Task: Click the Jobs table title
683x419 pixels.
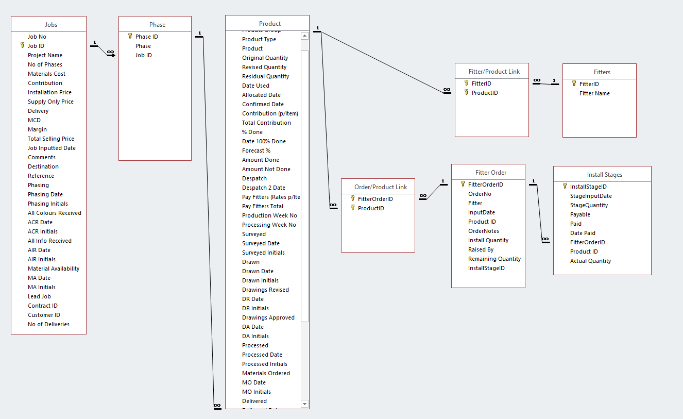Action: point(51,25)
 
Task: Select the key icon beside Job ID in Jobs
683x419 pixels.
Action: point(22,46)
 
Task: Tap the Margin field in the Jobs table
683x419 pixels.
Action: point(37,129)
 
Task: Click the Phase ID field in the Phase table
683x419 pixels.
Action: point(146,37)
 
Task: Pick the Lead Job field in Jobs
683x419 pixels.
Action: point(39,296)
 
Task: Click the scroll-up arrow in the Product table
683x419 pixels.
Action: point(304,36)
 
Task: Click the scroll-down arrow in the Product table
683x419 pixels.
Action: point(304,404)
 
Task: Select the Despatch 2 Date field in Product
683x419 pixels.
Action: point(263,188)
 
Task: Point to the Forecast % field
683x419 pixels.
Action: point(256,150)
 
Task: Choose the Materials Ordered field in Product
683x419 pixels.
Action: point(266,373)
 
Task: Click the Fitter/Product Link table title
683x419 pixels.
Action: point(494,72)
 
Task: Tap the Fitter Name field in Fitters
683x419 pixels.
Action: point(594,93)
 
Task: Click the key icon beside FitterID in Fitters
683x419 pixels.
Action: point(574,83)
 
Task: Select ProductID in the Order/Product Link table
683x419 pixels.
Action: point(371,208)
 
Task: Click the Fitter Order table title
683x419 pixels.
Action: point(490,173)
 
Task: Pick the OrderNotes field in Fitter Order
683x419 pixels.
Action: point(483,231)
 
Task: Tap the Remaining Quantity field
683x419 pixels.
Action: point(494,259)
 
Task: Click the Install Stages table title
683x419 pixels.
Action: point(604,175)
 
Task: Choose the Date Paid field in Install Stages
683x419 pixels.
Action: point(583,233)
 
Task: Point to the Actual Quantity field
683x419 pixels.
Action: point(590,261)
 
